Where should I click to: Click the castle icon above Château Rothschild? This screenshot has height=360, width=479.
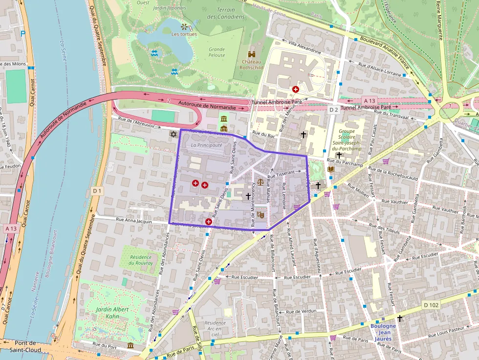pyautogui.click(x=252, y=54)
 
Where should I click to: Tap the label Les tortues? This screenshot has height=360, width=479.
pyautogui.click(x=184, y=34)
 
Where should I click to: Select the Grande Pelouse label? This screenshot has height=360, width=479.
pyautogui.click(x=217, y=52)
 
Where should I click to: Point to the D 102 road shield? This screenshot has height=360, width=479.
pyautogui.click(x=432, y=305)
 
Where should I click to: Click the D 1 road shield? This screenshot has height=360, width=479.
pyautogui.click(x=97, y=191)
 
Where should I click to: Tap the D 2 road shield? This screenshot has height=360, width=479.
pyautogui.click(x=333, y=110)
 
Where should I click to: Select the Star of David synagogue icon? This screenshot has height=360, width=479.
pyautogui.click(x=172, y=134)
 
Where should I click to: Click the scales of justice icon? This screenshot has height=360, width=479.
pyautogui.click(x=260, y=182)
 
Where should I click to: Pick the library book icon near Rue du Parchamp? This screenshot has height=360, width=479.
pyautogui.click(x=331, y=169)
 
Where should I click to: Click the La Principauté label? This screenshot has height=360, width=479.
pyautogui.click(x=207, y=145)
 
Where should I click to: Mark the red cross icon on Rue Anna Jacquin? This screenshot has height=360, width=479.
pyautogui.click(x=209, y=222)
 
